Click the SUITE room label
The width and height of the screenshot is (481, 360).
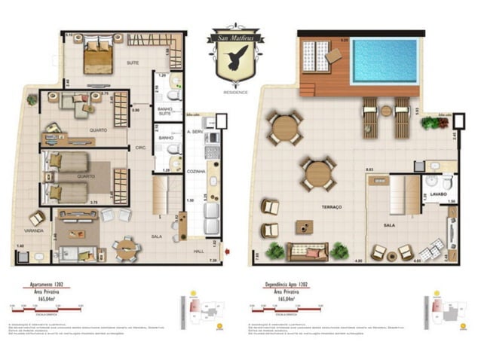(133, 63)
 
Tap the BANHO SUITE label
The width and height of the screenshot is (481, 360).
(166, 111)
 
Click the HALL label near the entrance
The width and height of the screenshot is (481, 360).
(198, 253)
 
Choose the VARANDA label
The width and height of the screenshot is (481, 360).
(33, 231)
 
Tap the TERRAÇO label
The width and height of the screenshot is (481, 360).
(332, 206)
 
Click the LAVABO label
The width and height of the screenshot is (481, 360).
(440, 195)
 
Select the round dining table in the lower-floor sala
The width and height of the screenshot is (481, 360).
(124, 246)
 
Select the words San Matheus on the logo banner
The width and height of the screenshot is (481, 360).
(239, 35)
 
